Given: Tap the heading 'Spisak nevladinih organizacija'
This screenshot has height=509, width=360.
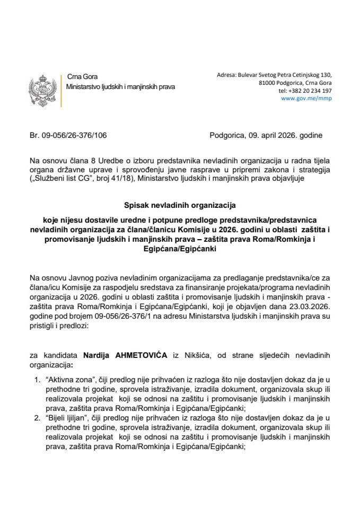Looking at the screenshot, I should [180, 203].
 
